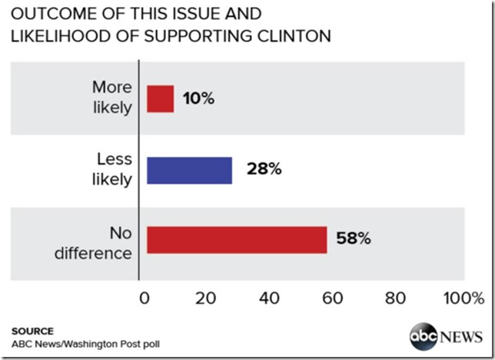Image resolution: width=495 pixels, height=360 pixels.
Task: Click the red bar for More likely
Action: (160, 99)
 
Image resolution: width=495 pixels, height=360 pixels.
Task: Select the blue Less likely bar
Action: (188, 169)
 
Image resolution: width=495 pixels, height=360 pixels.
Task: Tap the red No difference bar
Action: (236, 239)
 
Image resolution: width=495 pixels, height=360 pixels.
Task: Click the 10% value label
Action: (198, 99)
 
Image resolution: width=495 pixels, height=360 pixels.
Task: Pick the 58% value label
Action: (354, 239)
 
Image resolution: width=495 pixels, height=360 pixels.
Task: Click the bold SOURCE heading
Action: (32, 330)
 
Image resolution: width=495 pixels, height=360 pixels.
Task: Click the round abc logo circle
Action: (424, 336)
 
